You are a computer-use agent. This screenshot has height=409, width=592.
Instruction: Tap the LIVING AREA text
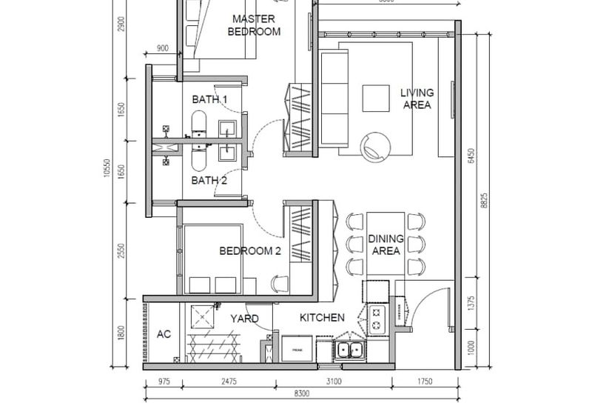pos(417,99)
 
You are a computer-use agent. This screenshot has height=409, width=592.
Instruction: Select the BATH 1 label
pos(209,99)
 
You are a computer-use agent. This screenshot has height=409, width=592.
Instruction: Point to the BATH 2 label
pos(209,180)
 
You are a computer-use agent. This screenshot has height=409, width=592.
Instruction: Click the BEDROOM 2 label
pos(250,251)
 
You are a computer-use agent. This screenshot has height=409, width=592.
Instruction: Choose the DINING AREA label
pos(386,245)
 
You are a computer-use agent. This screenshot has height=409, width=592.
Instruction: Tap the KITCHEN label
pos(322,318)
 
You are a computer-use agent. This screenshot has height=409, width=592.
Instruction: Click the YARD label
pos(243,319)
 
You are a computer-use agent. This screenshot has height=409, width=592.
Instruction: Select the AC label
pos(164,334)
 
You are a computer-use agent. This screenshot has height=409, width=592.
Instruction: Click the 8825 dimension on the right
pos(483,203)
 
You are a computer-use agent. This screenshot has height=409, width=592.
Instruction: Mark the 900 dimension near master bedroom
pos(164,50)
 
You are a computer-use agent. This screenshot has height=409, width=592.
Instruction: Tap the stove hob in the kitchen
pos(377,318)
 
